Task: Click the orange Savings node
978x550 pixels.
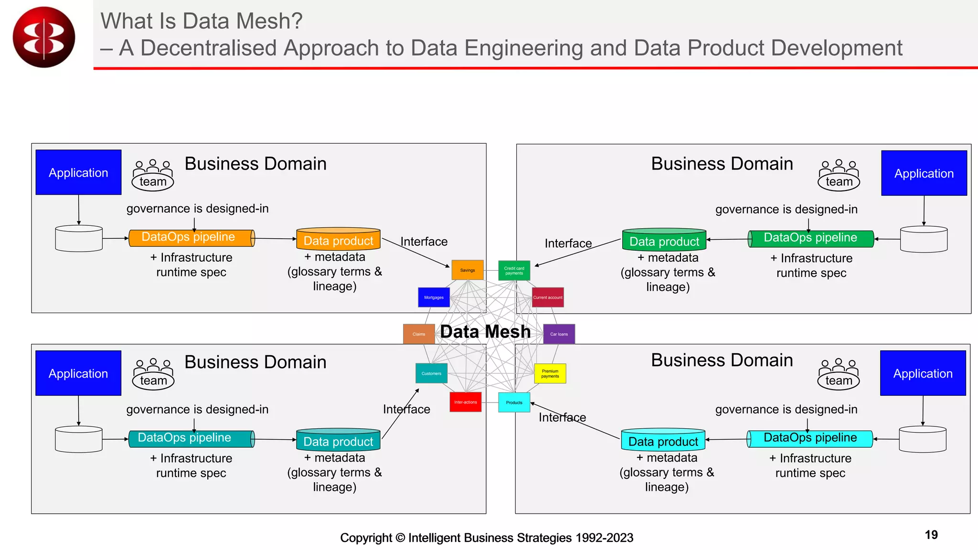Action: (x=468, y=270)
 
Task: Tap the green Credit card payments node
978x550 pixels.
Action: (x=514, y=271)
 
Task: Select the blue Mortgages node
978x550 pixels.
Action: (x=434, y=297)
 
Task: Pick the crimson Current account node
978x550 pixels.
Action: (x=548, y=297)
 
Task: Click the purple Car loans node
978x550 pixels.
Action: (x=559, y=334)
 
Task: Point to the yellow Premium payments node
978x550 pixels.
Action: (x=550, y=374)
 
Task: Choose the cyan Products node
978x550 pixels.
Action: (x=514, y=402)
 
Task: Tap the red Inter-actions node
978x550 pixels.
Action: (x=465, y=402)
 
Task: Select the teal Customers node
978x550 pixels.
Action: (x=431, y=374)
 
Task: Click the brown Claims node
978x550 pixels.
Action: (x=419, y=334)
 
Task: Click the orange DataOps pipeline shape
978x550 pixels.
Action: (x=191, y=238)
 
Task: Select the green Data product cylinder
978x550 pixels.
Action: (x=664, y=240)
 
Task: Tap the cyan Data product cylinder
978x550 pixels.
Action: (x=663, y=440)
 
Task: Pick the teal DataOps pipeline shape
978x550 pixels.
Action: (x=191, y=438)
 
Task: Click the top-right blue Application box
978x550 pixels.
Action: (x=924, y=173)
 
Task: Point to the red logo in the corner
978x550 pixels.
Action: (x=44, y=37)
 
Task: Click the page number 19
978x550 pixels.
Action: (x=931, y=535)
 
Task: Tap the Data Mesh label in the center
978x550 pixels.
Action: (x=485, y=332)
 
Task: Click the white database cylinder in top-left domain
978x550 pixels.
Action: (x=79, y=238)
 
